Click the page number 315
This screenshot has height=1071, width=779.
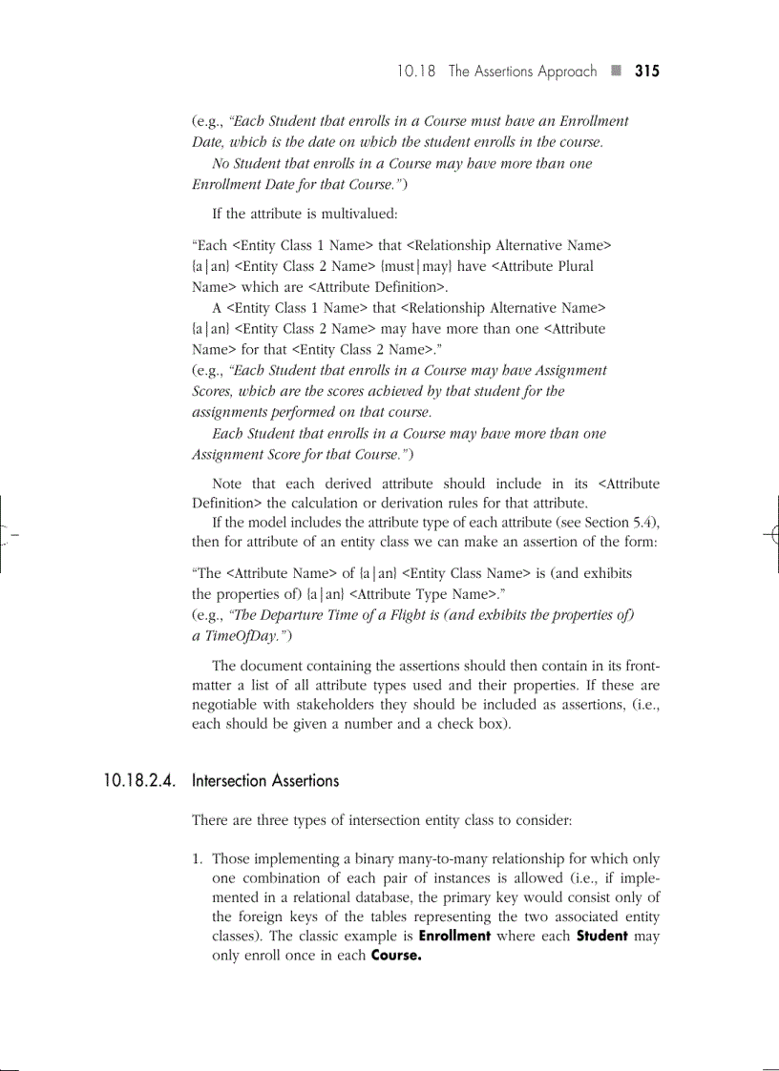click(x=646, y=71)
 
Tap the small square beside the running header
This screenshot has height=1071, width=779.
click(x=616, y=71)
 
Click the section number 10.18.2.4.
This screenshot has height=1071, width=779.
click(x=140, y=780)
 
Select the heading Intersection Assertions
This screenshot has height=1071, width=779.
click(x=265, y=780)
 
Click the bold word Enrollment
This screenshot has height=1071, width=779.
click(x=454, y=936)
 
